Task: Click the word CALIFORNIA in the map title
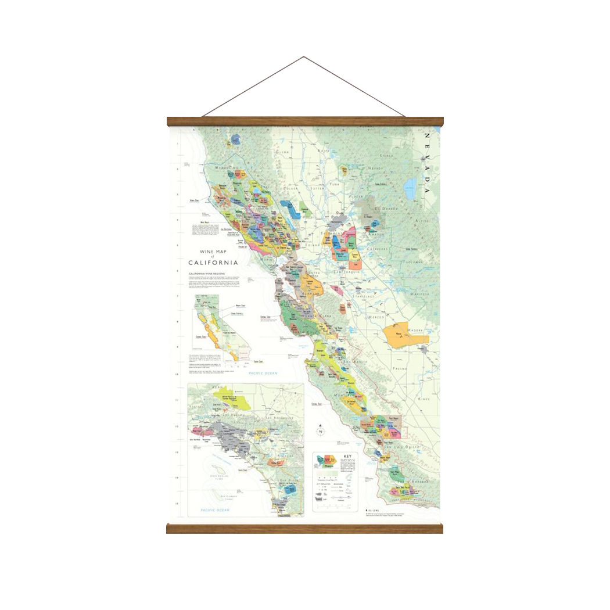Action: point(213,262)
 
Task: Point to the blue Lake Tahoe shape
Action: point(411,188)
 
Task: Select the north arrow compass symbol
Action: point(320,430)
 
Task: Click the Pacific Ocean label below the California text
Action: point(263,373)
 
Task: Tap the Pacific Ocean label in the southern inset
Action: point(215,510)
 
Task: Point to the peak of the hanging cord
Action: point(304,57)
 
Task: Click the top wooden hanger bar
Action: point(304,121)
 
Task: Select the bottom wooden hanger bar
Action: point(304,528)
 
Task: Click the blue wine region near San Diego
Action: point(289,489)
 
